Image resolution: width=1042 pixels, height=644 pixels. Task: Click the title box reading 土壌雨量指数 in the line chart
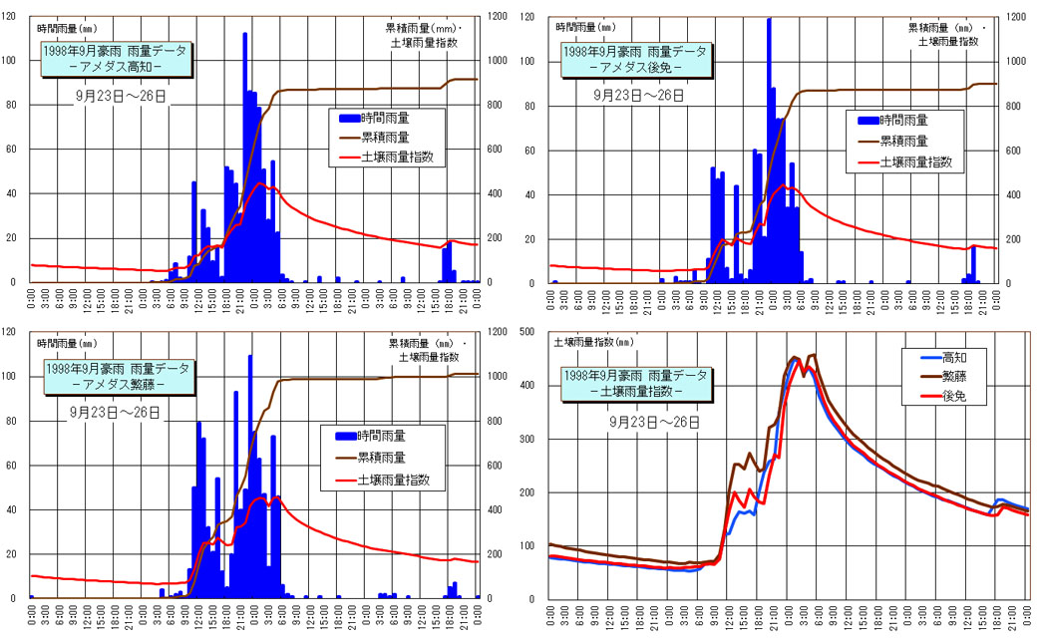pos(635,384)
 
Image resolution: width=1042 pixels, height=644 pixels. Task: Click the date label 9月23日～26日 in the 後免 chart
pos(639,96)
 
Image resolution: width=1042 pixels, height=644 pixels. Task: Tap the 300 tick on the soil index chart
pos(539,439)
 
